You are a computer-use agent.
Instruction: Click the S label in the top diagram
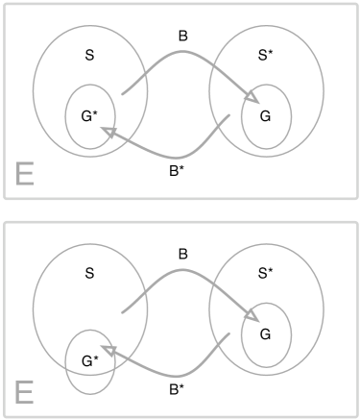tap(89, 55)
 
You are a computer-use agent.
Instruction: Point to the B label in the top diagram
tap(182, 36)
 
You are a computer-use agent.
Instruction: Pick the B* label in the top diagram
tap(176, 172)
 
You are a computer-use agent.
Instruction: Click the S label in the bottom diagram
tap(89, 273)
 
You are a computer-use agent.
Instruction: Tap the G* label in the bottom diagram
tap(89, 360)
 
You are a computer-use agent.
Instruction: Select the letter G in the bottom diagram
tap(264, 333)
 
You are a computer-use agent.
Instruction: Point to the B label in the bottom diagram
tap(182, 254)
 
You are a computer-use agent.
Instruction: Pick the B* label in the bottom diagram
tap(176, 390)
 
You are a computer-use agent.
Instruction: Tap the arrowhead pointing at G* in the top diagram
tap(108, 134)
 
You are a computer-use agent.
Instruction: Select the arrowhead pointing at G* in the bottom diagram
tap(108, 352)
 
